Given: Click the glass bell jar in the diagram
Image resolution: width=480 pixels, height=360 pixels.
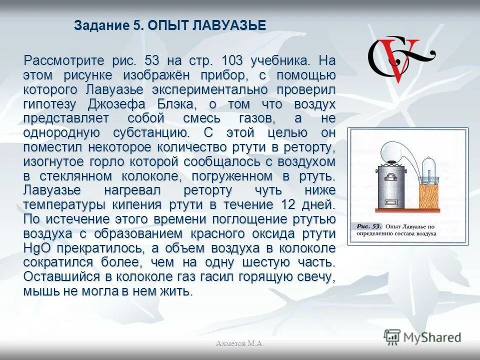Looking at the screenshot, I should [x=429, y=167].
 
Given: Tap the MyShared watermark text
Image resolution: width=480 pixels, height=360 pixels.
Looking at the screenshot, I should [x=433, y=337].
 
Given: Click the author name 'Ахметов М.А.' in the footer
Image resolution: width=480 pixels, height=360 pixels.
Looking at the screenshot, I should [x=240, y=343].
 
